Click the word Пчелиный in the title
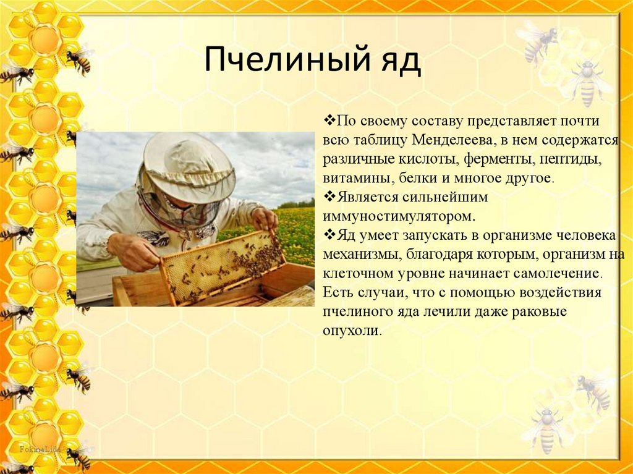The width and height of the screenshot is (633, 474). (287, 59)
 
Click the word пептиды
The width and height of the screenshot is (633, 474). (571, 160)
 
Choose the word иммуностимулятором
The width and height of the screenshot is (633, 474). (399, 216)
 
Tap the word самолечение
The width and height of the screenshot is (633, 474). (558, 274)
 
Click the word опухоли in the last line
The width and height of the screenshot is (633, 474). (352, 331)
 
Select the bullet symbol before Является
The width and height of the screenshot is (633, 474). (329, 197)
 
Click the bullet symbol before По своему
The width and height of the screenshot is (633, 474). (329, 120)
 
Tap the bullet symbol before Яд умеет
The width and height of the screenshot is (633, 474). (329, 235)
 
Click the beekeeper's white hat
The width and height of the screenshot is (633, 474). (189, 166)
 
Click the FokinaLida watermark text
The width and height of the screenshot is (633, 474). (40, 449)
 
